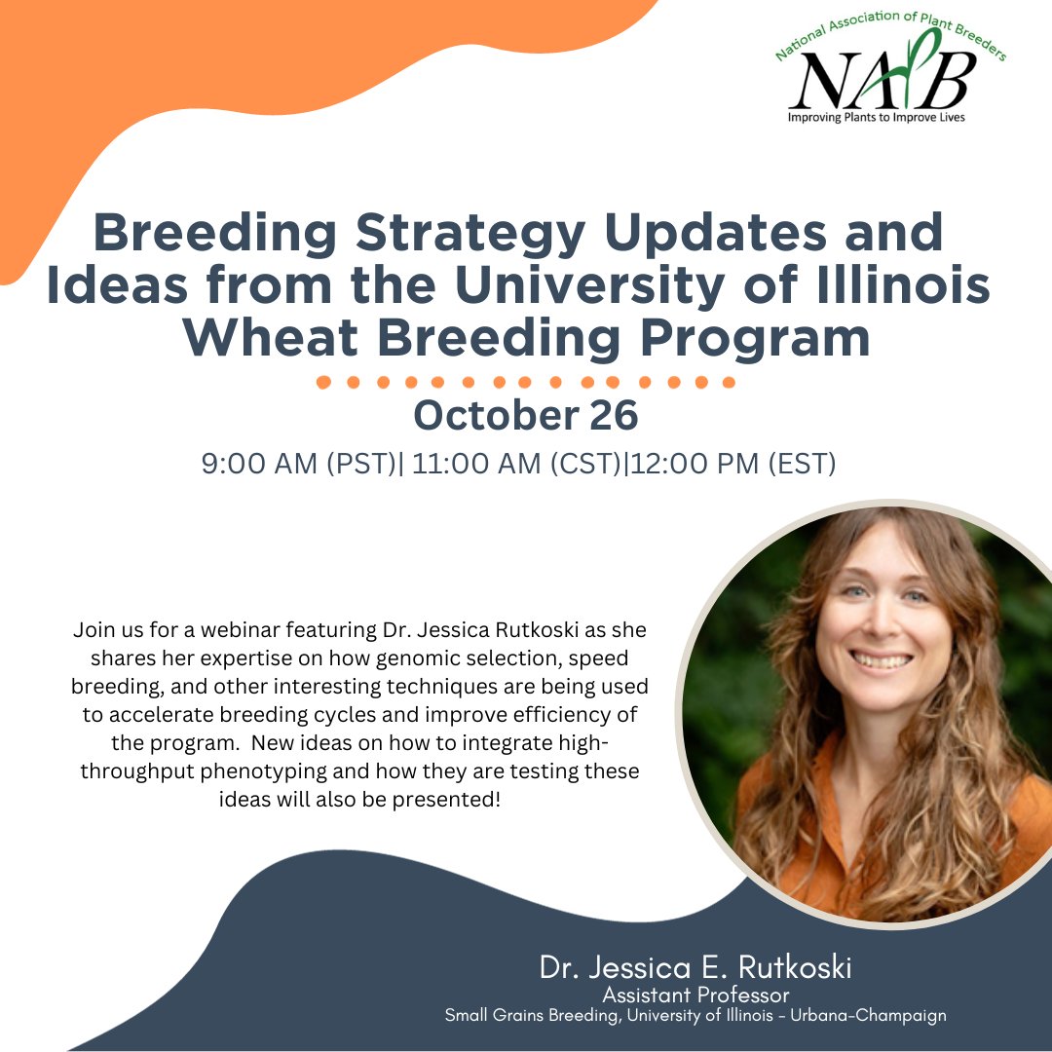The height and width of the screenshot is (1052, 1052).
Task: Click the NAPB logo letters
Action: tap(882, 80)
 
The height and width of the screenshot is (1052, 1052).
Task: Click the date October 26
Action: tap(526, 415)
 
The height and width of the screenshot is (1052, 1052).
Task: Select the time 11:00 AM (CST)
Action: tap(517, 464)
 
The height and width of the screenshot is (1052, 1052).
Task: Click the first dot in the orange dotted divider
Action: tap(325, 382)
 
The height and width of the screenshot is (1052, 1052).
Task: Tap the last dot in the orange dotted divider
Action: tap(728, 382)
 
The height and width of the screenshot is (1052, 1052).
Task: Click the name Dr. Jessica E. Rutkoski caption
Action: tap(696, 968)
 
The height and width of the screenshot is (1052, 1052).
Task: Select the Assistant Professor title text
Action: tap(696, 995)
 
